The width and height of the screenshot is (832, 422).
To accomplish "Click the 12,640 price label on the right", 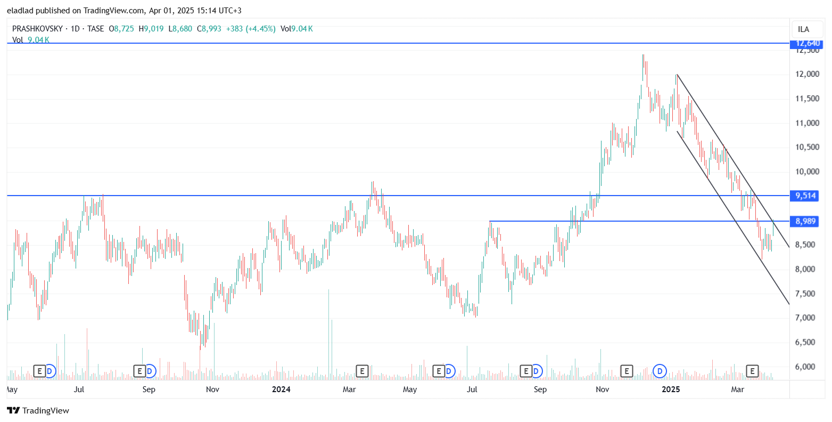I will (x=807, y=43).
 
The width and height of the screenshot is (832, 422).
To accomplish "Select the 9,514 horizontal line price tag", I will (x=805, y=196).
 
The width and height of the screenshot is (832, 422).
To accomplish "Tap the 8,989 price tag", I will (x=805, y=221).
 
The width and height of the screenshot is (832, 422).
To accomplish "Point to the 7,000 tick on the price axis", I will (x=807, y=318).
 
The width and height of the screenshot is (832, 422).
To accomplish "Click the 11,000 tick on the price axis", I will (x=807, y=123).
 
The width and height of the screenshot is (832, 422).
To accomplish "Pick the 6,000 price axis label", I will (x=807, y=367).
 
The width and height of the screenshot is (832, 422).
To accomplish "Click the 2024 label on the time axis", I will (x=281, y=389).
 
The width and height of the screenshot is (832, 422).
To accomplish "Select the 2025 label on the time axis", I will (x=671, y=389).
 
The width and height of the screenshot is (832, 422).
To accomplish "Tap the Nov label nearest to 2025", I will (x=603, y=389).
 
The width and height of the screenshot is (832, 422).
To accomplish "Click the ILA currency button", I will (x=803, y=29).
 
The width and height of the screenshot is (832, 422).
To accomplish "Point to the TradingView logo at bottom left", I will (x=38, y=410).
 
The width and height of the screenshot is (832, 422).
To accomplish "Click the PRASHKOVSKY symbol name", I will (x=37, y=29).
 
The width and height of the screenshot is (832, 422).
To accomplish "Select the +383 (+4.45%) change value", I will (x=251, y=29).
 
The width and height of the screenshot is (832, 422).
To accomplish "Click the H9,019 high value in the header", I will (x=151, y=29).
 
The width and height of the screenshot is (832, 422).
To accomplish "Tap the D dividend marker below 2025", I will (x=660, y=371).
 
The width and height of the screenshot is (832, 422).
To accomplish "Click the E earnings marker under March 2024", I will (x=362, y=371).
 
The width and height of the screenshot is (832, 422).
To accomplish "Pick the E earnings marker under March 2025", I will (x=752, y=371).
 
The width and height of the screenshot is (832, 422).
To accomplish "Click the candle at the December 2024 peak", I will (x=643, y=64).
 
